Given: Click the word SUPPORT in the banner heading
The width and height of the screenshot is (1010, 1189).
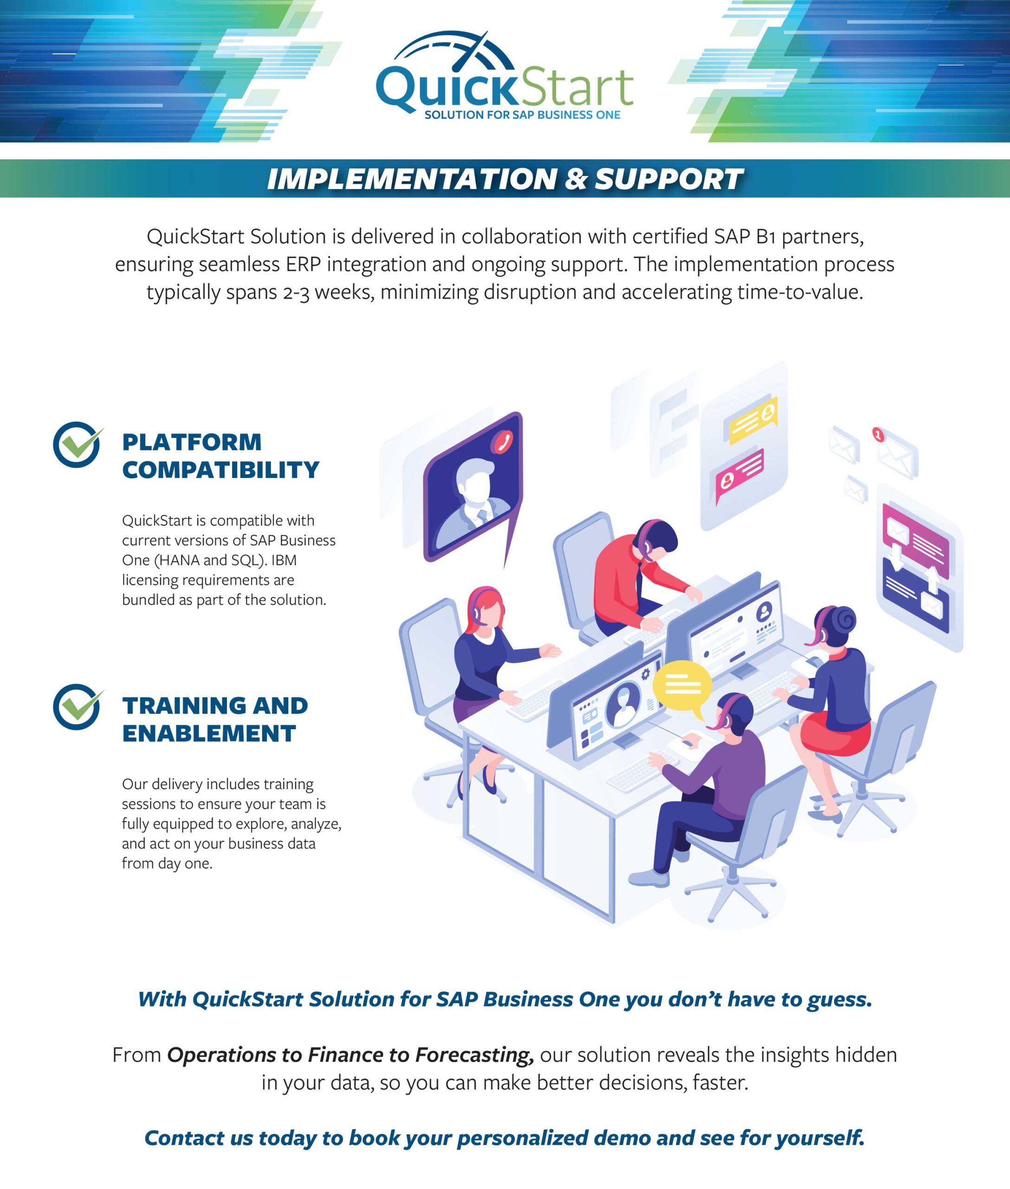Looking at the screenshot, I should coord(668,179).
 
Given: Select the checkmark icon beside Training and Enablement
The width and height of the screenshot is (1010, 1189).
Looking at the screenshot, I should coord(78,706).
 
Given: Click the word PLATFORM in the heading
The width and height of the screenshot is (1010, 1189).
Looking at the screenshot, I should coord(192,442).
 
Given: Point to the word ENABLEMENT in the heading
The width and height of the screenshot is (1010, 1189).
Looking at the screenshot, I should coord(209,733).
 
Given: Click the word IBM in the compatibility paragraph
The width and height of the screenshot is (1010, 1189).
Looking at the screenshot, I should coord(284,561).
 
